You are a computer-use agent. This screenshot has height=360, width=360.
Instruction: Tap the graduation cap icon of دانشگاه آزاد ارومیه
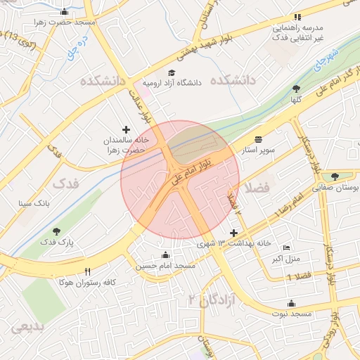coord(172,72)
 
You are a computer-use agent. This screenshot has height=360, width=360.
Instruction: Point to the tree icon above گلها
coord(295,89)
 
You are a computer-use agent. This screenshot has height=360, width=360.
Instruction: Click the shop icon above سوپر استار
coord(258,139)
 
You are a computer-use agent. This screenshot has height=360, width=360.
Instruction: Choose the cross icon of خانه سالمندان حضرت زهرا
coord(127,129)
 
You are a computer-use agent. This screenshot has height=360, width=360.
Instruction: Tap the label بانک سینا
coord(34,203)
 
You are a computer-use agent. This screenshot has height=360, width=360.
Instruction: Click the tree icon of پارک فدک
coord(56,231)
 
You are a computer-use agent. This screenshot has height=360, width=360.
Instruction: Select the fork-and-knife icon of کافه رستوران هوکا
coord(88,271)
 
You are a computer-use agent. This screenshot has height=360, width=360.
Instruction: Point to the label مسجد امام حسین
coord(166,266)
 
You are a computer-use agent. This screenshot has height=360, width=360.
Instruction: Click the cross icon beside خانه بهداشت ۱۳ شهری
coord(233,233)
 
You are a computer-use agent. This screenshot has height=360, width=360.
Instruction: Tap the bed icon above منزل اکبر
coord(285,247)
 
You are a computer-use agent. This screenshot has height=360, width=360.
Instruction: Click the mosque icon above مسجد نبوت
coord(291,303)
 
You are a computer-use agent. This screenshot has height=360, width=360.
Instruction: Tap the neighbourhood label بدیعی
coord(29,326)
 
